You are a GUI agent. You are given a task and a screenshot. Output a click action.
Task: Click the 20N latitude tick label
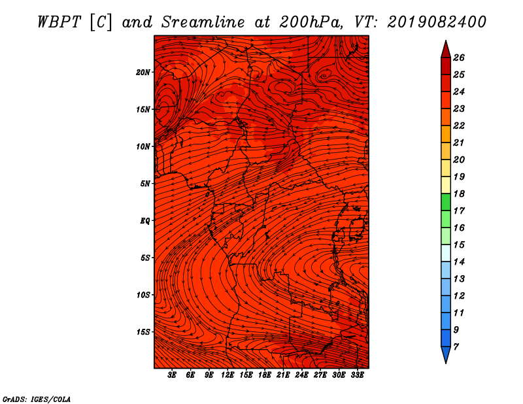[143, 72]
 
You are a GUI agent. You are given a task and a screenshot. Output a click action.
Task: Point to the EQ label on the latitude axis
[144, 220]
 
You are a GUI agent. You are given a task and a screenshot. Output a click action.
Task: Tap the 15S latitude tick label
[143, 332]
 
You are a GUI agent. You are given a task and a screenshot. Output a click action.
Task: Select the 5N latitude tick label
[144, 184]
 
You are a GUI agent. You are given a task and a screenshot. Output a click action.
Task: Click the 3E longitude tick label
[172, 375]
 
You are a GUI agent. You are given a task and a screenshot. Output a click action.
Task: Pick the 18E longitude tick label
[264, 375]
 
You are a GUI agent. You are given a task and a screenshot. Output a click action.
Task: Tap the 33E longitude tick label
[357, 375]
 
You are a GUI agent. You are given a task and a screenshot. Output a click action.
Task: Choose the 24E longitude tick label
[301, 375]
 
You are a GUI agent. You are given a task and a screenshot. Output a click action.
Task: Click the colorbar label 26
[459, 58]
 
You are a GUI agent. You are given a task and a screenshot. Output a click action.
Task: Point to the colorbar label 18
[459, 194]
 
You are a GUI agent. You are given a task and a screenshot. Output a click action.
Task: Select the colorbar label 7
[456, 347]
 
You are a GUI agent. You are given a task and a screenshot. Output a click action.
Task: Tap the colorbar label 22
[459, 126]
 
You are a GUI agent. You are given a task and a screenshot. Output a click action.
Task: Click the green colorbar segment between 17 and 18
[446, 202]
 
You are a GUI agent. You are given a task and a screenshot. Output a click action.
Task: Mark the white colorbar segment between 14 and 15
[446, 253]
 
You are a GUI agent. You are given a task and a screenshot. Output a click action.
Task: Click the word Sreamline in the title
[203, 22]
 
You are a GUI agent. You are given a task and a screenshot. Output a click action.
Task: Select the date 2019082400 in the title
[437, 22]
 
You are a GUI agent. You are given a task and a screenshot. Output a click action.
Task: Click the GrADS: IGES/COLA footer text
[37, 399]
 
